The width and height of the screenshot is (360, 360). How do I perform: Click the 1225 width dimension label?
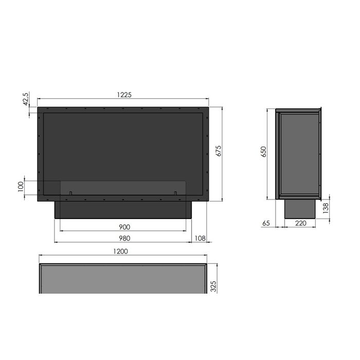(124, 95)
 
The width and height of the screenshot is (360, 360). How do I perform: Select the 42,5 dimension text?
(26, 99)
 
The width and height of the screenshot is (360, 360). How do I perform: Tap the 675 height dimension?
(219, 151)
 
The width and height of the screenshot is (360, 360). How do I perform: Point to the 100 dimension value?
(21, 186)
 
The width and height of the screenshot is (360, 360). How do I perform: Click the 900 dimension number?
(124, 227)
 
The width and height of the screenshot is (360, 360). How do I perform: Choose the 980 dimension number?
(124, 238)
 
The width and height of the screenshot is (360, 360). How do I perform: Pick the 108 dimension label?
(200, 238)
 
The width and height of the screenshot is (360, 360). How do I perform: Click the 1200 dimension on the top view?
(120, 251)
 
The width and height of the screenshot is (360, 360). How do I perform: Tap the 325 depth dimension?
(213, 286)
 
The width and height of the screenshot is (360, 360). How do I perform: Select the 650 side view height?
(263, 152)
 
